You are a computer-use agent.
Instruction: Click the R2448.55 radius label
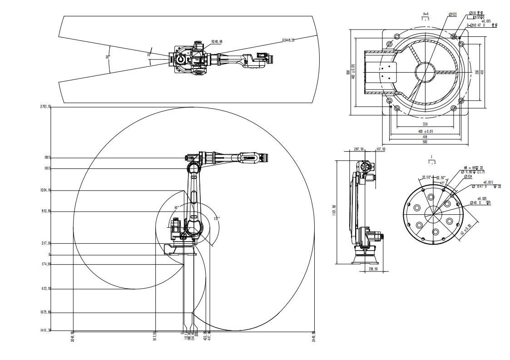[288, 40]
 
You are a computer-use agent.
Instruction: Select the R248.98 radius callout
[217, 41]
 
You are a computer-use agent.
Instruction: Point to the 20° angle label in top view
[108, 57]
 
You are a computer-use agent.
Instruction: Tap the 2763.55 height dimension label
[46, 107]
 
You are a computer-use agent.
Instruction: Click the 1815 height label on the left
[47, 158]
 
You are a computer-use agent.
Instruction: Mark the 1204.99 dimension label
[46, 190]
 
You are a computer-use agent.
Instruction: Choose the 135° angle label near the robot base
[217, 218]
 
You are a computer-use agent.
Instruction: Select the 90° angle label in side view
[176, 207]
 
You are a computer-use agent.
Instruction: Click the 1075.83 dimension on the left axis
[46, 312]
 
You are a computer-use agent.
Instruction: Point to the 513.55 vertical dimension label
[155, 336]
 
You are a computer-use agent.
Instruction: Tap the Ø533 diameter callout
[453, 15]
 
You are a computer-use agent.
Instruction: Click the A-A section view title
[426, 14]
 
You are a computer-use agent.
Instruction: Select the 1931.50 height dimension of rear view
[334, 211]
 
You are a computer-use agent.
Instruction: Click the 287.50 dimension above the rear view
[359, 149]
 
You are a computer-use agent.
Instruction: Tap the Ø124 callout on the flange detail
[468, 176]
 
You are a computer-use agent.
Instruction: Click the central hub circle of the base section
[425, 72]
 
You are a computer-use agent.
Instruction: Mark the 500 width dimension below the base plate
[425, 142]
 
